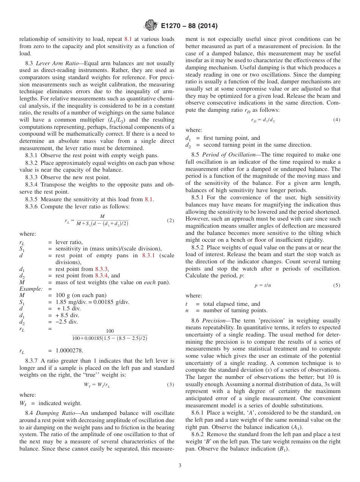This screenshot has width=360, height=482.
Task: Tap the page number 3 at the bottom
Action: point(180,465)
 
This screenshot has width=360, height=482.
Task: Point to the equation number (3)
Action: point(171,384)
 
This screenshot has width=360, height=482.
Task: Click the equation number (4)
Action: point(337,120)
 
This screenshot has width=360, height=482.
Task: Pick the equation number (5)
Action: point(337,285)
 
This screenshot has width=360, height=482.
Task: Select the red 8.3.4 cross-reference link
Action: point(102,275)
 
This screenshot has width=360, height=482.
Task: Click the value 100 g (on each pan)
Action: point(81,295)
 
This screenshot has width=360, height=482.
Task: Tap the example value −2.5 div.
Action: point(66,322)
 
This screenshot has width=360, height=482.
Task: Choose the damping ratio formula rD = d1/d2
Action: point(263,120)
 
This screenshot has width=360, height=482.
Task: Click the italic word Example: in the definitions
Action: point(31,289)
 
